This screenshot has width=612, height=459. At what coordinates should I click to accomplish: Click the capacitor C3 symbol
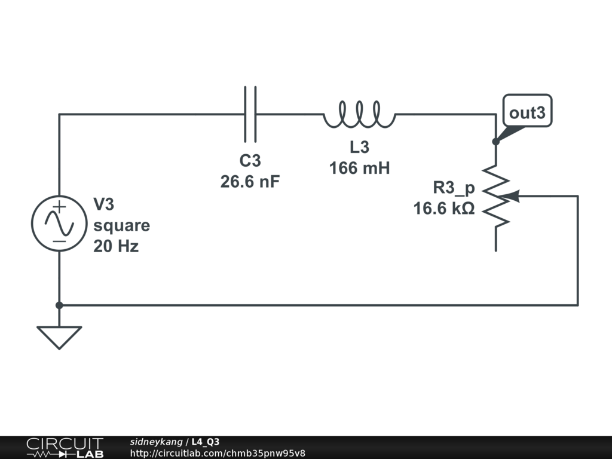[250, 114]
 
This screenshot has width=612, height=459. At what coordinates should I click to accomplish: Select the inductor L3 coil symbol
[359, 114]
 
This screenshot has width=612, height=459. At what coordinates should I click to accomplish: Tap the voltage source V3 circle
[59, 222]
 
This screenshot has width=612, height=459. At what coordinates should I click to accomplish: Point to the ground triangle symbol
[59, 336]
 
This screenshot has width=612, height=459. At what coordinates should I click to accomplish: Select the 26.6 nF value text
[250, 182]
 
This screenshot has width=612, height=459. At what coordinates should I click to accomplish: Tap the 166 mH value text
[359, 169]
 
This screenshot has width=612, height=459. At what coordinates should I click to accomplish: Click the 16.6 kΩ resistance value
[444, 209]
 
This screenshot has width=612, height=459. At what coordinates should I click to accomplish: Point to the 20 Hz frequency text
[116, 246]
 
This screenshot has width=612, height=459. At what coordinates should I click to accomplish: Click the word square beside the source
[121, 226]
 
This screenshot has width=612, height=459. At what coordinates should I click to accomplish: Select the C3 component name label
[250, 161]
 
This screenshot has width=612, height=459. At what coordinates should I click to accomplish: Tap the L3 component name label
[359, 148]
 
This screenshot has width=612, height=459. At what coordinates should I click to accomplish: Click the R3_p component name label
[454, 188]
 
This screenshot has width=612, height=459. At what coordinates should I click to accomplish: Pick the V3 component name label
[103, 205]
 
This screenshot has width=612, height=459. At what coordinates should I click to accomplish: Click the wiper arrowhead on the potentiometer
[513, 196]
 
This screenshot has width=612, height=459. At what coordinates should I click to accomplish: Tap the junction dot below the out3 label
[495, 142]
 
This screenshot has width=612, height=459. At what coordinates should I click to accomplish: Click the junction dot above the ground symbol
[59, 305]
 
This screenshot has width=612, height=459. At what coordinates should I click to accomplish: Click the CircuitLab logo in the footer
[65, 447]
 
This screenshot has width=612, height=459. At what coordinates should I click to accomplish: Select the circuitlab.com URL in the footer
[218, 453]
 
